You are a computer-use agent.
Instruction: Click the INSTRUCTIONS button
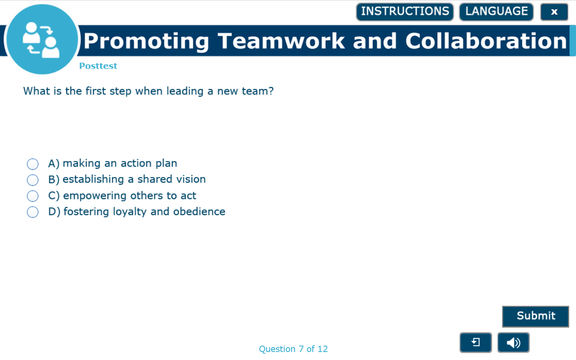click(x=405, y=12)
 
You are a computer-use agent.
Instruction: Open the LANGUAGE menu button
click(x=496, y=12)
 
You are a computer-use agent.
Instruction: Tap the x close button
click(x=554, y=12)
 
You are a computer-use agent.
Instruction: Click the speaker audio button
click(x=513, y=342)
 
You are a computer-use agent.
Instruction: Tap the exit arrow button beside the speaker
click(x=475, y=342)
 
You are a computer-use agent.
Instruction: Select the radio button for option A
click(x=33, y=164)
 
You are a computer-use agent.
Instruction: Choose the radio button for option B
click(x=33, y=180)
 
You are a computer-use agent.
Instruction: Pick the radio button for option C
click(x=33, y=196)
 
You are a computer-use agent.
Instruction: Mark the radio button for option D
click(x=33, y=212)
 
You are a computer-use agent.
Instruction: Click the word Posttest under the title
click(x=98, y=66)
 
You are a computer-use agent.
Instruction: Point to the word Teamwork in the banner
click(x=281, y=41)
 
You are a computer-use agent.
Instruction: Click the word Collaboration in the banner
click(x=486, y=41)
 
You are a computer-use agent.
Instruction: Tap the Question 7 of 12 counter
click(x=293, y=349)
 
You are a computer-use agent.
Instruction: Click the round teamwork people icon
click(x=42, y=39)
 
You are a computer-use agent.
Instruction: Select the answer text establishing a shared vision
click(x=134, y=179)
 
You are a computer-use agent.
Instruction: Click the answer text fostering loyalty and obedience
click(x=144, y=211)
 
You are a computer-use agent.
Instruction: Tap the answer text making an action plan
click(x=120, y=163)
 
